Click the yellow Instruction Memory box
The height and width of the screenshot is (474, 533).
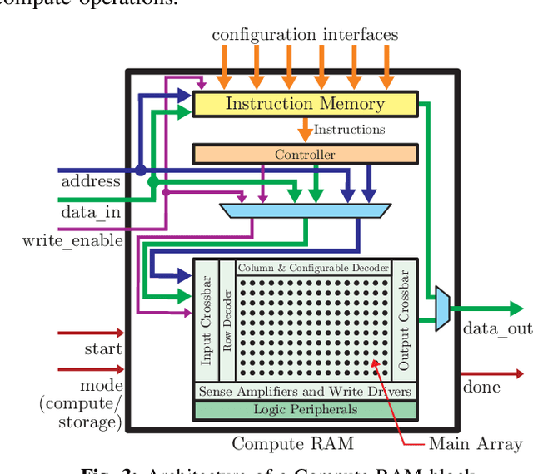[x=305, y=104]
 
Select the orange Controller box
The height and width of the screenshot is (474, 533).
[x=305, y=154]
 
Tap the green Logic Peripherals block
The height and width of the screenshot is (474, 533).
[x=305, y=409]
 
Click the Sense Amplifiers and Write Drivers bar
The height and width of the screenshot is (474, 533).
[x=305, y=391]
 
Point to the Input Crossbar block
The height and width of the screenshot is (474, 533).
[x=206, y=324]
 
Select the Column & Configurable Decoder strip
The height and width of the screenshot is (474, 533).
[x=313, y=268]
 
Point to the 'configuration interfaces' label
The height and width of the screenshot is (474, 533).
[x=305, y=34]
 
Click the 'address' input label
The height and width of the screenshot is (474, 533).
[x=91, y=180]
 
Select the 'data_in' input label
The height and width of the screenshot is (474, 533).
[x=90, y=212]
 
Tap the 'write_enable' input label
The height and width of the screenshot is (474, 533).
[x=73, y=241]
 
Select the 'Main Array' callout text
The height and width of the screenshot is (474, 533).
[x=476, y=443]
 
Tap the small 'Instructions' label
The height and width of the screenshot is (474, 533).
[x=349, y=130]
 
